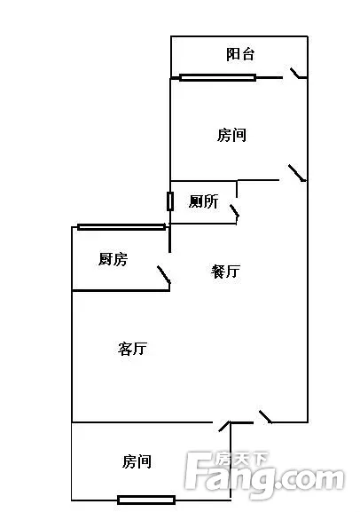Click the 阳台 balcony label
tap(240, 54)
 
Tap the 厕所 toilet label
tap(203, 201)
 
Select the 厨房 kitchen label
tap(113, 259)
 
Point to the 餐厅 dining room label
tap(225, 272)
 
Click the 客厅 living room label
tap(132, 349)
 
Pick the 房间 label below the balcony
tap(231, 135)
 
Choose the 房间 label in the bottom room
tap(137, 461)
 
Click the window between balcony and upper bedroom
tap(217, 78)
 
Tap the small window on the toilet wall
tap(169, 201)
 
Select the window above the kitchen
tap(121, 227)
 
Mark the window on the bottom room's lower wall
tap(146, 500)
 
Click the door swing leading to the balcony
tap(298, 74)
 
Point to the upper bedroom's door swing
tap(297, 173)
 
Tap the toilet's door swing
tap(235, 211)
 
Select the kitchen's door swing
tap(164, 275)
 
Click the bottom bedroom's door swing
tap(224, 427)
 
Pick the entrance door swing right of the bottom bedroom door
tap(265, 417)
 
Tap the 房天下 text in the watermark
tap(242, 460)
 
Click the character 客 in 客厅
tap(125, 349)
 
